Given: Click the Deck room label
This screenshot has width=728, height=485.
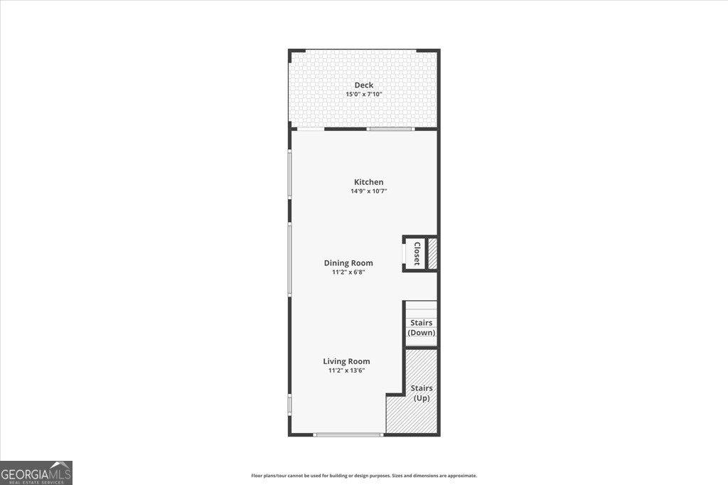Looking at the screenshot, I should point(364,85).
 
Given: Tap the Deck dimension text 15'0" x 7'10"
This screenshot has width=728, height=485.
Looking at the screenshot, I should point(364,94).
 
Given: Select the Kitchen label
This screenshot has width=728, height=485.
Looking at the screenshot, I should point(369,182).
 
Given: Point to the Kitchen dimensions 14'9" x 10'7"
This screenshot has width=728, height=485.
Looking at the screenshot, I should point(368,191).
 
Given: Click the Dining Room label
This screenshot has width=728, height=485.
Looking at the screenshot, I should point(348,263).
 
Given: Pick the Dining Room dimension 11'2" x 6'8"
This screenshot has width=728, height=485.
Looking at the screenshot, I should point(348,272).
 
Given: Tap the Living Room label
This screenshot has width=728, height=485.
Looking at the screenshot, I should point(348,361).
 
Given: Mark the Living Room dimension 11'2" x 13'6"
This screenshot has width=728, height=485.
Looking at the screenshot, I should point(348,370).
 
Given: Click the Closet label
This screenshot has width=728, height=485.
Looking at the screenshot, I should point(417,253).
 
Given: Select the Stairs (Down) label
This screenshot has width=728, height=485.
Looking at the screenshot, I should point(422,328).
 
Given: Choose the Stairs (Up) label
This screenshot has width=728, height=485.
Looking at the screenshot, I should point(422,393).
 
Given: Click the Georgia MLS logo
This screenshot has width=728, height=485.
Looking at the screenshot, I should point(36,472).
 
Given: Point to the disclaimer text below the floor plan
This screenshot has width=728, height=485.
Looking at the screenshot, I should point(364,476).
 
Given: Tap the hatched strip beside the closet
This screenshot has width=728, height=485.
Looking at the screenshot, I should point(432,253).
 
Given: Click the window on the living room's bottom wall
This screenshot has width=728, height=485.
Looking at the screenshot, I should point(348,435).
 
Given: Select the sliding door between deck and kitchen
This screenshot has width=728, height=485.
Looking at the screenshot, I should point(390,129).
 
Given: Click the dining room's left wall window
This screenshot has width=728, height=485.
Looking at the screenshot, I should point(289,259).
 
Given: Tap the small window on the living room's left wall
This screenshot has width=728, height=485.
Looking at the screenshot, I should point(289,404).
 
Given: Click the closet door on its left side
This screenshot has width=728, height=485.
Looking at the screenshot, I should point(406,253).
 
